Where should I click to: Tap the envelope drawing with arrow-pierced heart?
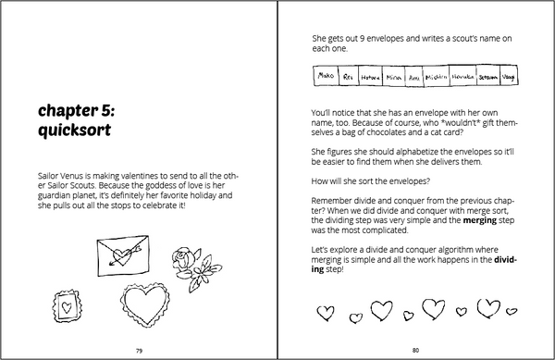pyautogui.click(x=127, y=249)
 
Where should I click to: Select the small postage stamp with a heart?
pyautogui.click(x=67, y=305)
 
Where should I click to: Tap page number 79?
pyautogui.click(x=139, y=350)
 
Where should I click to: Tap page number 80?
pyautogui.click(x=416, y=350)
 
